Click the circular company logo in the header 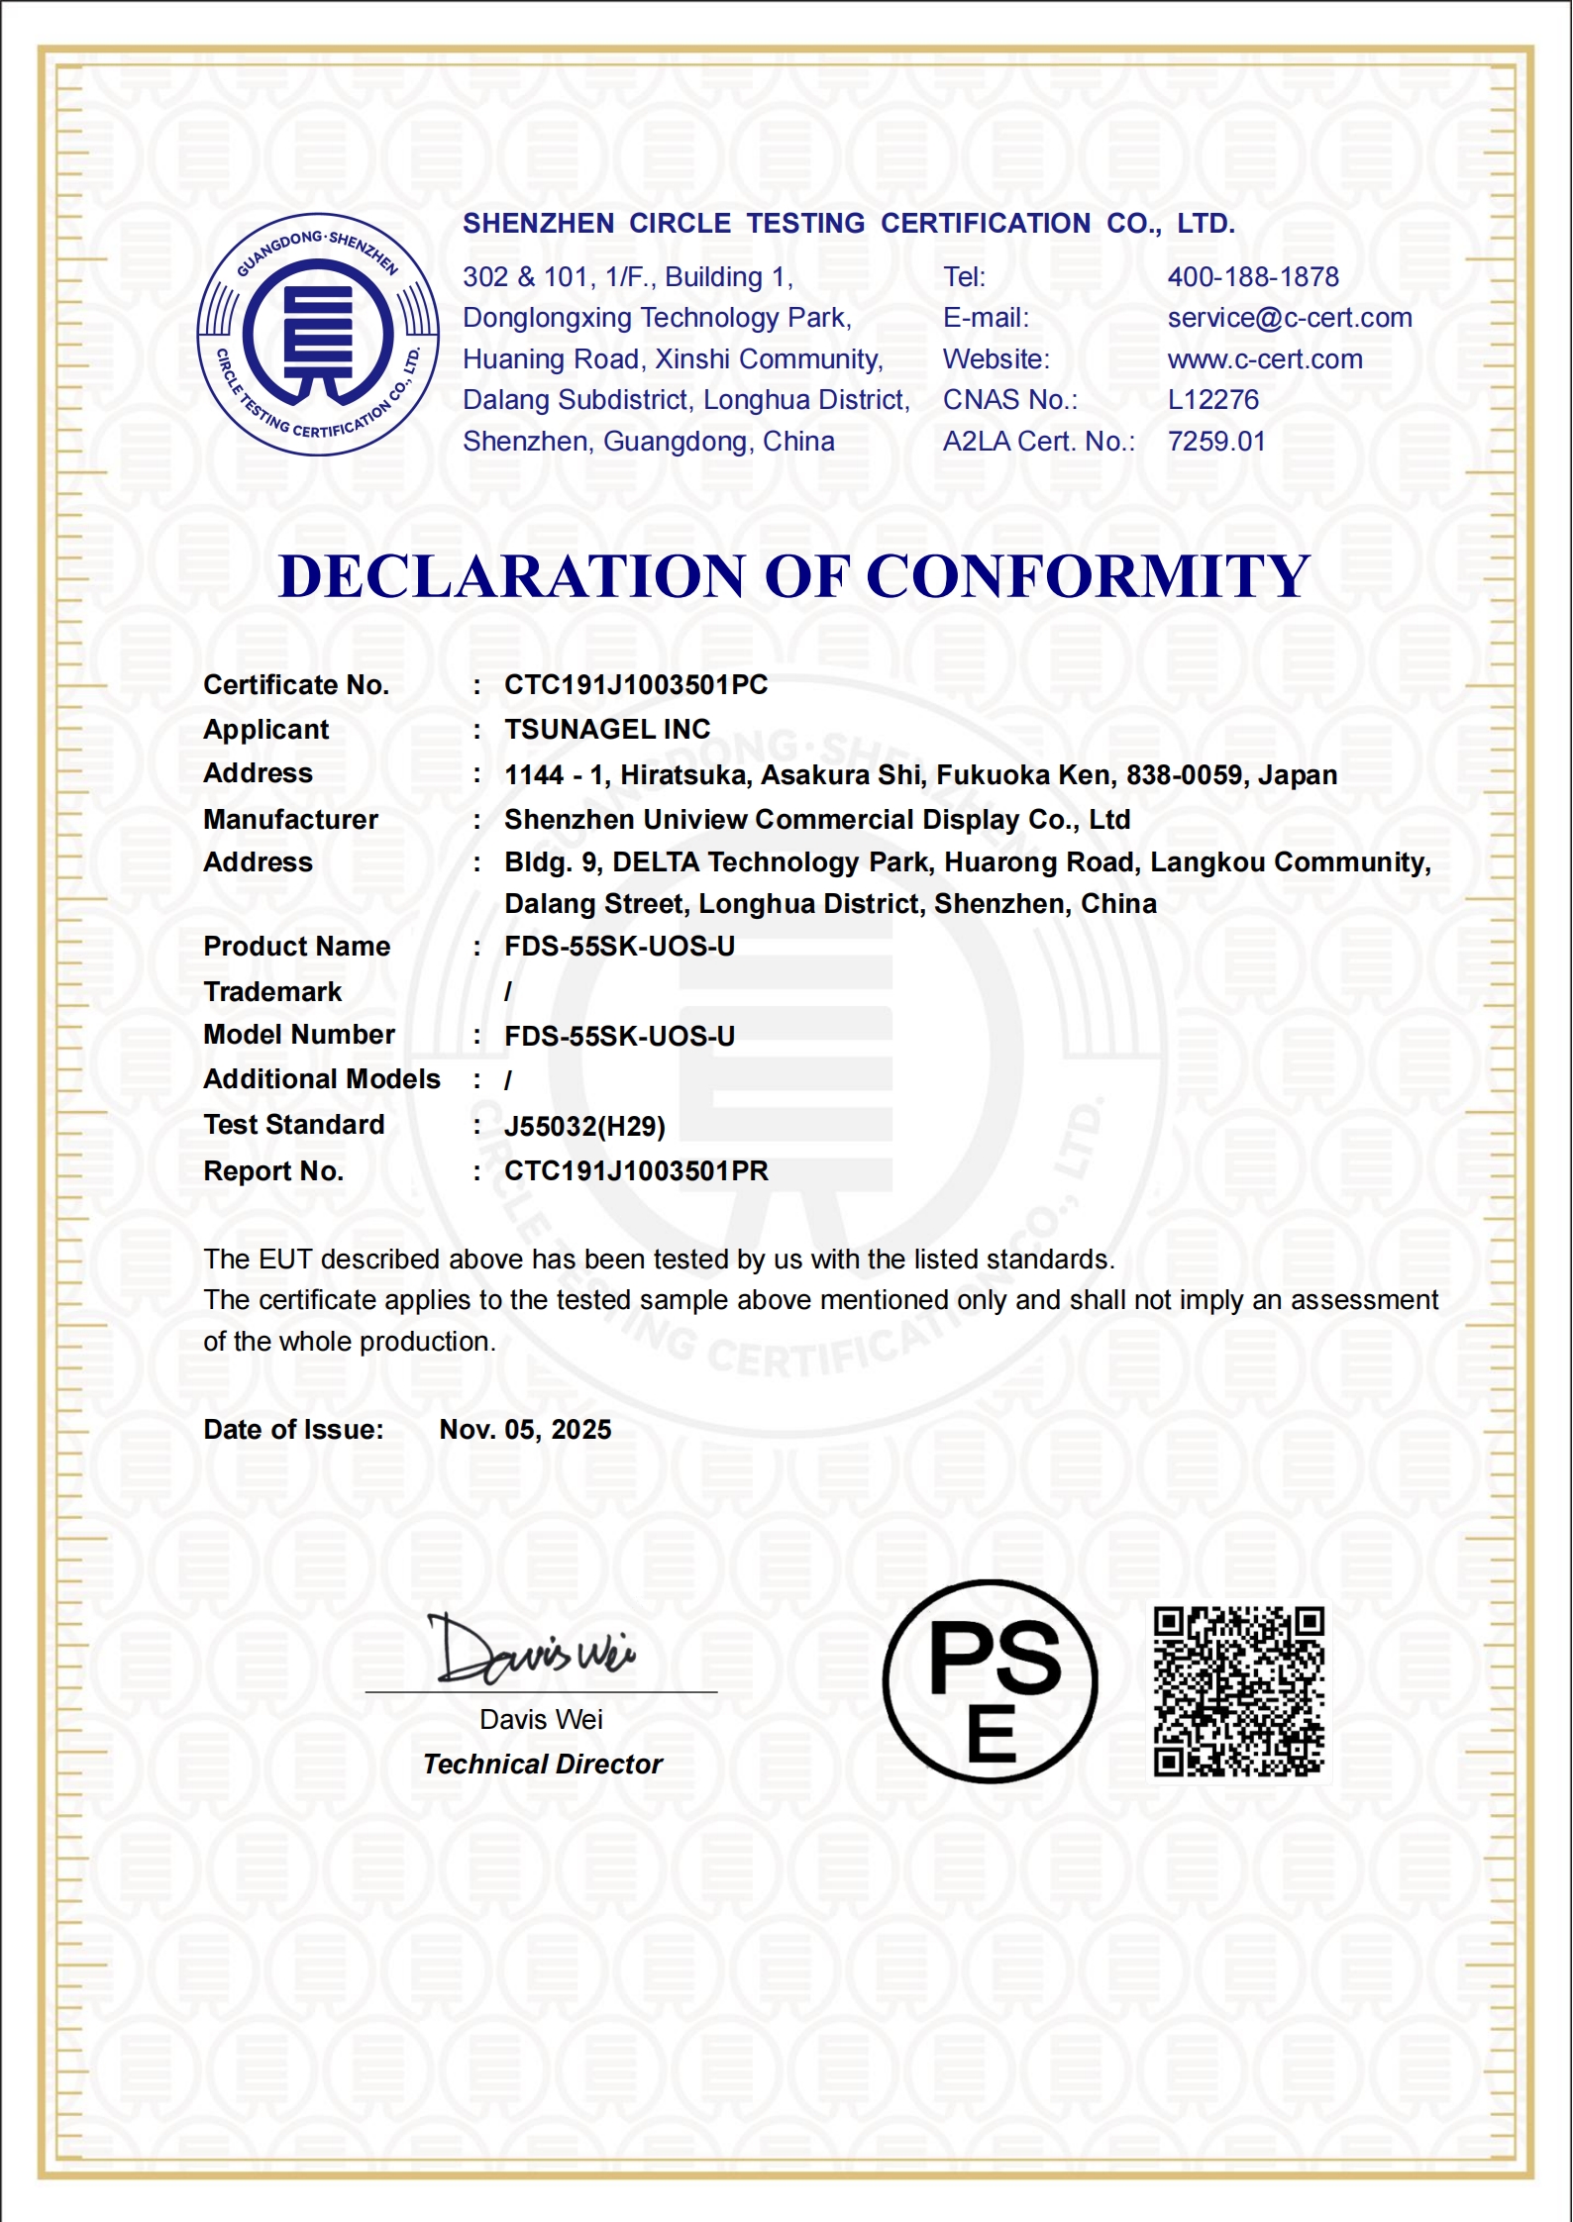318,335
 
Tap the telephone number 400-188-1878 1253,277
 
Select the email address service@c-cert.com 1290,318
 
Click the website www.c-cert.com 1265,359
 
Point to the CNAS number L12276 1213,400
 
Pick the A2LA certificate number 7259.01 1216,442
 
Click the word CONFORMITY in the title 1088,576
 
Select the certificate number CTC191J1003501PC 636,685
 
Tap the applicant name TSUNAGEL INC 607,730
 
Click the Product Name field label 296,947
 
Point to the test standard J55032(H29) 584,1127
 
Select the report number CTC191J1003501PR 636,1171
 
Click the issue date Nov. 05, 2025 525,1430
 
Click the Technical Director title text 542,1765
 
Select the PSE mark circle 991,1681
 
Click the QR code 1238,1692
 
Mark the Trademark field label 272,992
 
